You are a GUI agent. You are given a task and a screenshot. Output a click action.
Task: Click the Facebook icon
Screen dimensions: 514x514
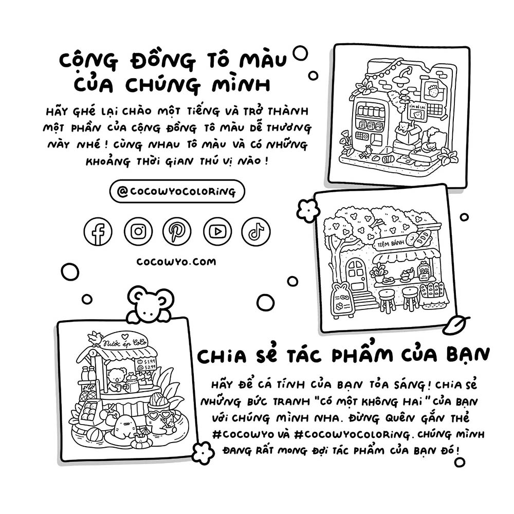click(98, 231)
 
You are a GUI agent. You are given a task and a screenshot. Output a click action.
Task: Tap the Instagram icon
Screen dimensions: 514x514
click(138, 231)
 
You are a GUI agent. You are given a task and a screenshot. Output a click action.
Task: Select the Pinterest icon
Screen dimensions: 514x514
click(177, 231)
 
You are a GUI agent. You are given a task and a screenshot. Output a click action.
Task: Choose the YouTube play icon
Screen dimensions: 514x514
click(217, 231)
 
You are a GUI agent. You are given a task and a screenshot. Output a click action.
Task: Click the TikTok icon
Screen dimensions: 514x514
click(256, 231)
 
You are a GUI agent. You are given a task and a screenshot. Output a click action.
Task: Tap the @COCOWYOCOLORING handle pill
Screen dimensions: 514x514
click(177, 191)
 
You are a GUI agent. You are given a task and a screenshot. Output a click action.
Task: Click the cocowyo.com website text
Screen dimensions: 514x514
click(176, 262)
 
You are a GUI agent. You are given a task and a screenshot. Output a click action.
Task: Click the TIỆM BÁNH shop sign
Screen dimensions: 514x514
click(391, 243)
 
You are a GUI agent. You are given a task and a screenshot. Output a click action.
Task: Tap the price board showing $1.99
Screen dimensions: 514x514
click(146, 364)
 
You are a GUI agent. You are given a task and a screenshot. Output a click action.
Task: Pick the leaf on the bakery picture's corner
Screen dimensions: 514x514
click(455, 325)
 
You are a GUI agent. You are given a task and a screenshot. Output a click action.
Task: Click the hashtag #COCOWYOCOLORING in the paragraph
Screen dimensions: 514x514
click(352, 435)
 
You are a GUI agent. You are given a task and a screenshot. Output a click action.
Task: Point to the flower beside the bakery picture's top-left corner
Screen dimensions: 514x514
click(308, 210)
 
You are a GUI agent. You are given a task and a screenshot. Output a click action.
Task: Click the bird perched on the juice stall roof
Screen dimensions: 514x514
click(96, 339)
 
